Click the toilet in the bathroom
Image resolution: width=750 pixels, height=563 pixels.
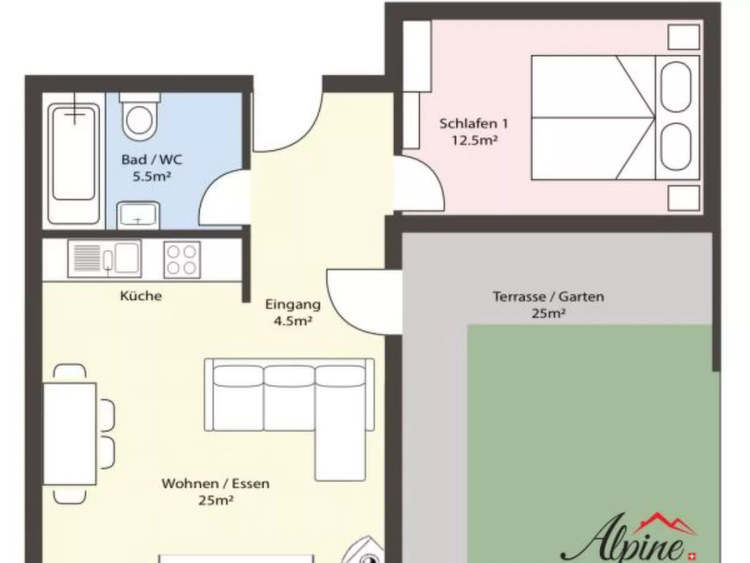(x=139, y=119)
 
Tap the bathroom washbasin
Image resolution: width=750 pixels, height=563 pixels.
(x=138, y=215)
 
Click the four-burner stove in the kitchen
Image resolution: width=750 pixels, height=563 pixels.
(x=182, y=259)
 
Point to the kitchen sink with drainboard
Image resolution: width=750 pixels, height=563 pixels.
(x=105, y=258)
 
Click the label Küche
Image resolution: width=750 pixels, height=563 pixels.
(x=141, y=296)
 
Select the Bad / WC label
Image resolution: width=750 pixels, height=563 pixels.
(x=151, y=160)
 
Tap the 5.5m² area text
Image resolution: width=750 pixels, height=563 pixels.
(x=151, y=177)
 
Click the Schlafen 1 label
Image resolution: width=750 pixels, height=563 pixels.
(x=473, y=124)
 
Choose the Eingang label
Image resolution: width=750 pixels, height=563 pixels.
(x=293, y=305)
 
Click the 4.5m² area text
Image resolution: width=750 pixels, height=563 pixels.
(x=293, y=321)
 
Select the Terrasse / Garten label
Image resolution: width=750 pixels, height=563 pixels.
(x=548, y=297)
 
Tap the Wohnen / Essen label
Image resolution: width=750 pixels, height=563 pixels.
(x=215, y=483)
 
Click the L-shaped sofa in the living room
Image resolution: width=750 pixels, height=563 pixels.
(x=290, y=397)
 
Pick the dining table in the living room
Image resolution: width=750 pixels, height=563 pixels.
(x=70, y=434)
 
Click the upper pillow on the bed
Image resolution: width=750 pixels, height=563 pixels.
(x=676, y=87)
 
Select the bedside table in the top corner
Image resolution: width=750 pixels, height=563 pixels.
(x=683, y=36)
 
